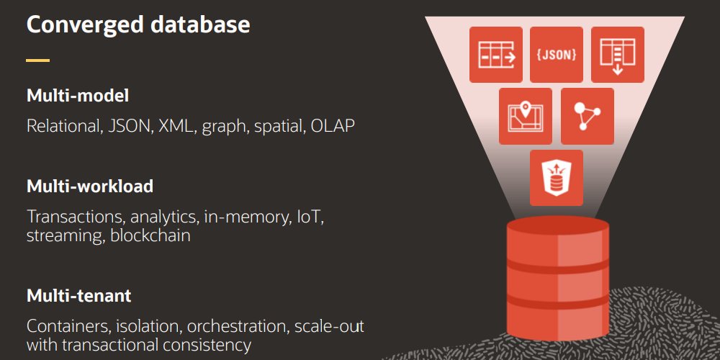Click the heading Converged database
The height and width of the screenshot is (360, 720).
(138, 24)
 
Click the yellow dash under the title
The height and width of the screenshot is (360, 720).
(38, 60)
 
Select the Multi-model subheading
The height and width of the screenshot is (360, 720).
(78, 96)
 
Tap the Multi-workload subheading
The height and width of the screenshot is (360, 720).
(90, 186)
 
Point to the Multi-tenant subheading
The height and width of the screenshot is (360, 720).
(79, 295)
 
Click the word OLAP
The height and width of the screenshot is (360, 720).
(333, 125)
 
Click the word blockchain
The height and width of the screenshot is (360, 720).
(150, 235)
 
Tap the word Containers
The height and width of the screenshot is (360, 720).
(68, 326)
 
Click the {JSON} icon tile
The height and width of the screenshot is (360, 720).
(557, 55)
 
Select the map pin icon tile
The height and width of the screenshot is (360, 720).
(526, 116)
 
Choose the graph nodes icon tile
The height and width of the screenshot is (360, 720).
(588, 116)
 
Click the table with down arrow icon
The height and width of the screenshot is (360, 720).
(618, 55)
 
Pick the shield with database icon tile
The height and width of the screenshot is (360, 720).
(557, 178)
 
